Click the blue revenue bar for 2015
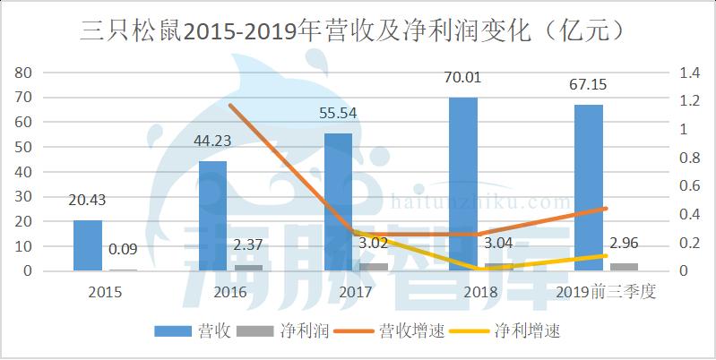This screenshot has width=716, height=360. [x=88, y=245]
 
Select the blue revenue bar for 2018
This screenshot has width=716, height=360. [x=463, y=184]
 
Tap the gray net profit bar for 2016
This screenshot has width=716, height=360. [x=249, y=268]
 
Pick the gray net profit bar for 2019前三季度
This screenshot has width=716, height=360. [x=624, y=267]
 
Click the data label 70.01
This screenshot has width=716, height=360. [x=463, y=78]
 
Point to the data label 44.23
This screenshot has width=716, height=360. [x=212, y=141]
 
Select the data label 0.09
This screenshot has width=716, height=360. [x=123, y=250]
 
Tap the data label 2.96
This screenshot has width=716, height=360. [x=624, y=244]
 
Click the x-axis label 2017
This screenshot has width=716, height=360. [x=356, y=292]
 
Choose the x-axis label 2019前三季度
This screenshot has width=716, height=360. [x=606, y=292]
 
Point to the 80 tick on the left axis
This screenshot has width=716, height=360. [x=22, y=73]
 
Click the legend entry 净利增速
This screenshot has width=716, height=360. [x=505, y=330]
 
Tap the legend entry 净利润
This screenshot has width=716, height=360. [x=283, y=330]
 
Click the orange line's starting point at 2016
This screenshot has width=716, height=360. [x=230, y=105]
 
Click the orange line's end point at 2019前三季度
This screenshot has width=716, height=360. [x=606, y=209]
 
